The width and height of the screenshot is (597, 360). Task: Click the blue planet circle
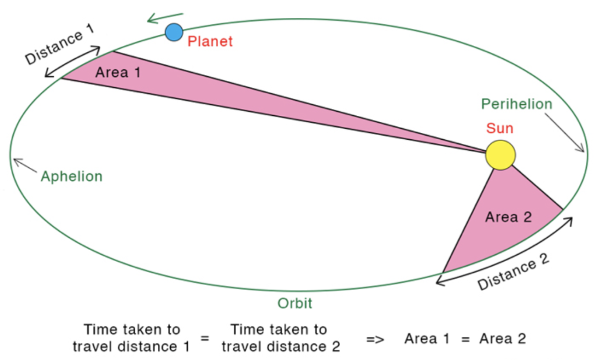coord(174,33)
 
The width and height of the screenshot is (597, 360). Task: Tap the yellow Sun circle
coord(500,155)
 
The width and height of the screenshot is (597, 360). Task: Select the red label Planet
coord(210,41)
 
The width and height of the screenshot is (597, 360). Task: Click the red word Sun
coord(500,128)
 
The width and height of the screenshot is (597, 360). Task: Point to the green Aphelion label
coord(72,176)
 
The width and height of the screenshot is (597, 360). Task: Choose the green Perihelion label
coord(517,104)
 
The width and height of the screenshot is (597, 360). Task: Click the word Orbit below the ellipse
coord(294,303)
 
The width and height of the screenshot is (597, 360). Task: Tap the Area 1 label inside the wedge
coord(118,72)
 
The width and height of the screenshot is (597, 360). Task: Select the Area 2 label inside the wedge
coord(508,217)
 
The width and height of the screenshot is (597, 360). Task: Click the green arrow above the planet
coord(165,18)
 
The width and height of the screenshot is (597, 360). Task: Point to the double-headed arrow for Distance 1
coord(72,62)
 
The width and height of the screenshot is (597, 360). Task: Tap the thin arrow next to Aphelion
coord(25,165)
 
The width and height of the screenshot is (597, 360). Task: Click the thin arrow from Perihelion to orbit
coord(564,133)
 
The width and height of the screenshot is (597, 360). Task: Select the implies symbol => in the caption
coord(375,338)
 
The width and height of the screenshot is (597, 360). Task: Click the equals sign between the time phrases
coord(205,337)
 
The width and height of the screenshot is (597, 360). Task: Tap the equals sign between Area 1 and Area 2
coord(465,338)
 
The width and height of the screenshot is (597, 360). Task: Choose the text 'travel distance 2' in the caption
coord(280,346)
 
